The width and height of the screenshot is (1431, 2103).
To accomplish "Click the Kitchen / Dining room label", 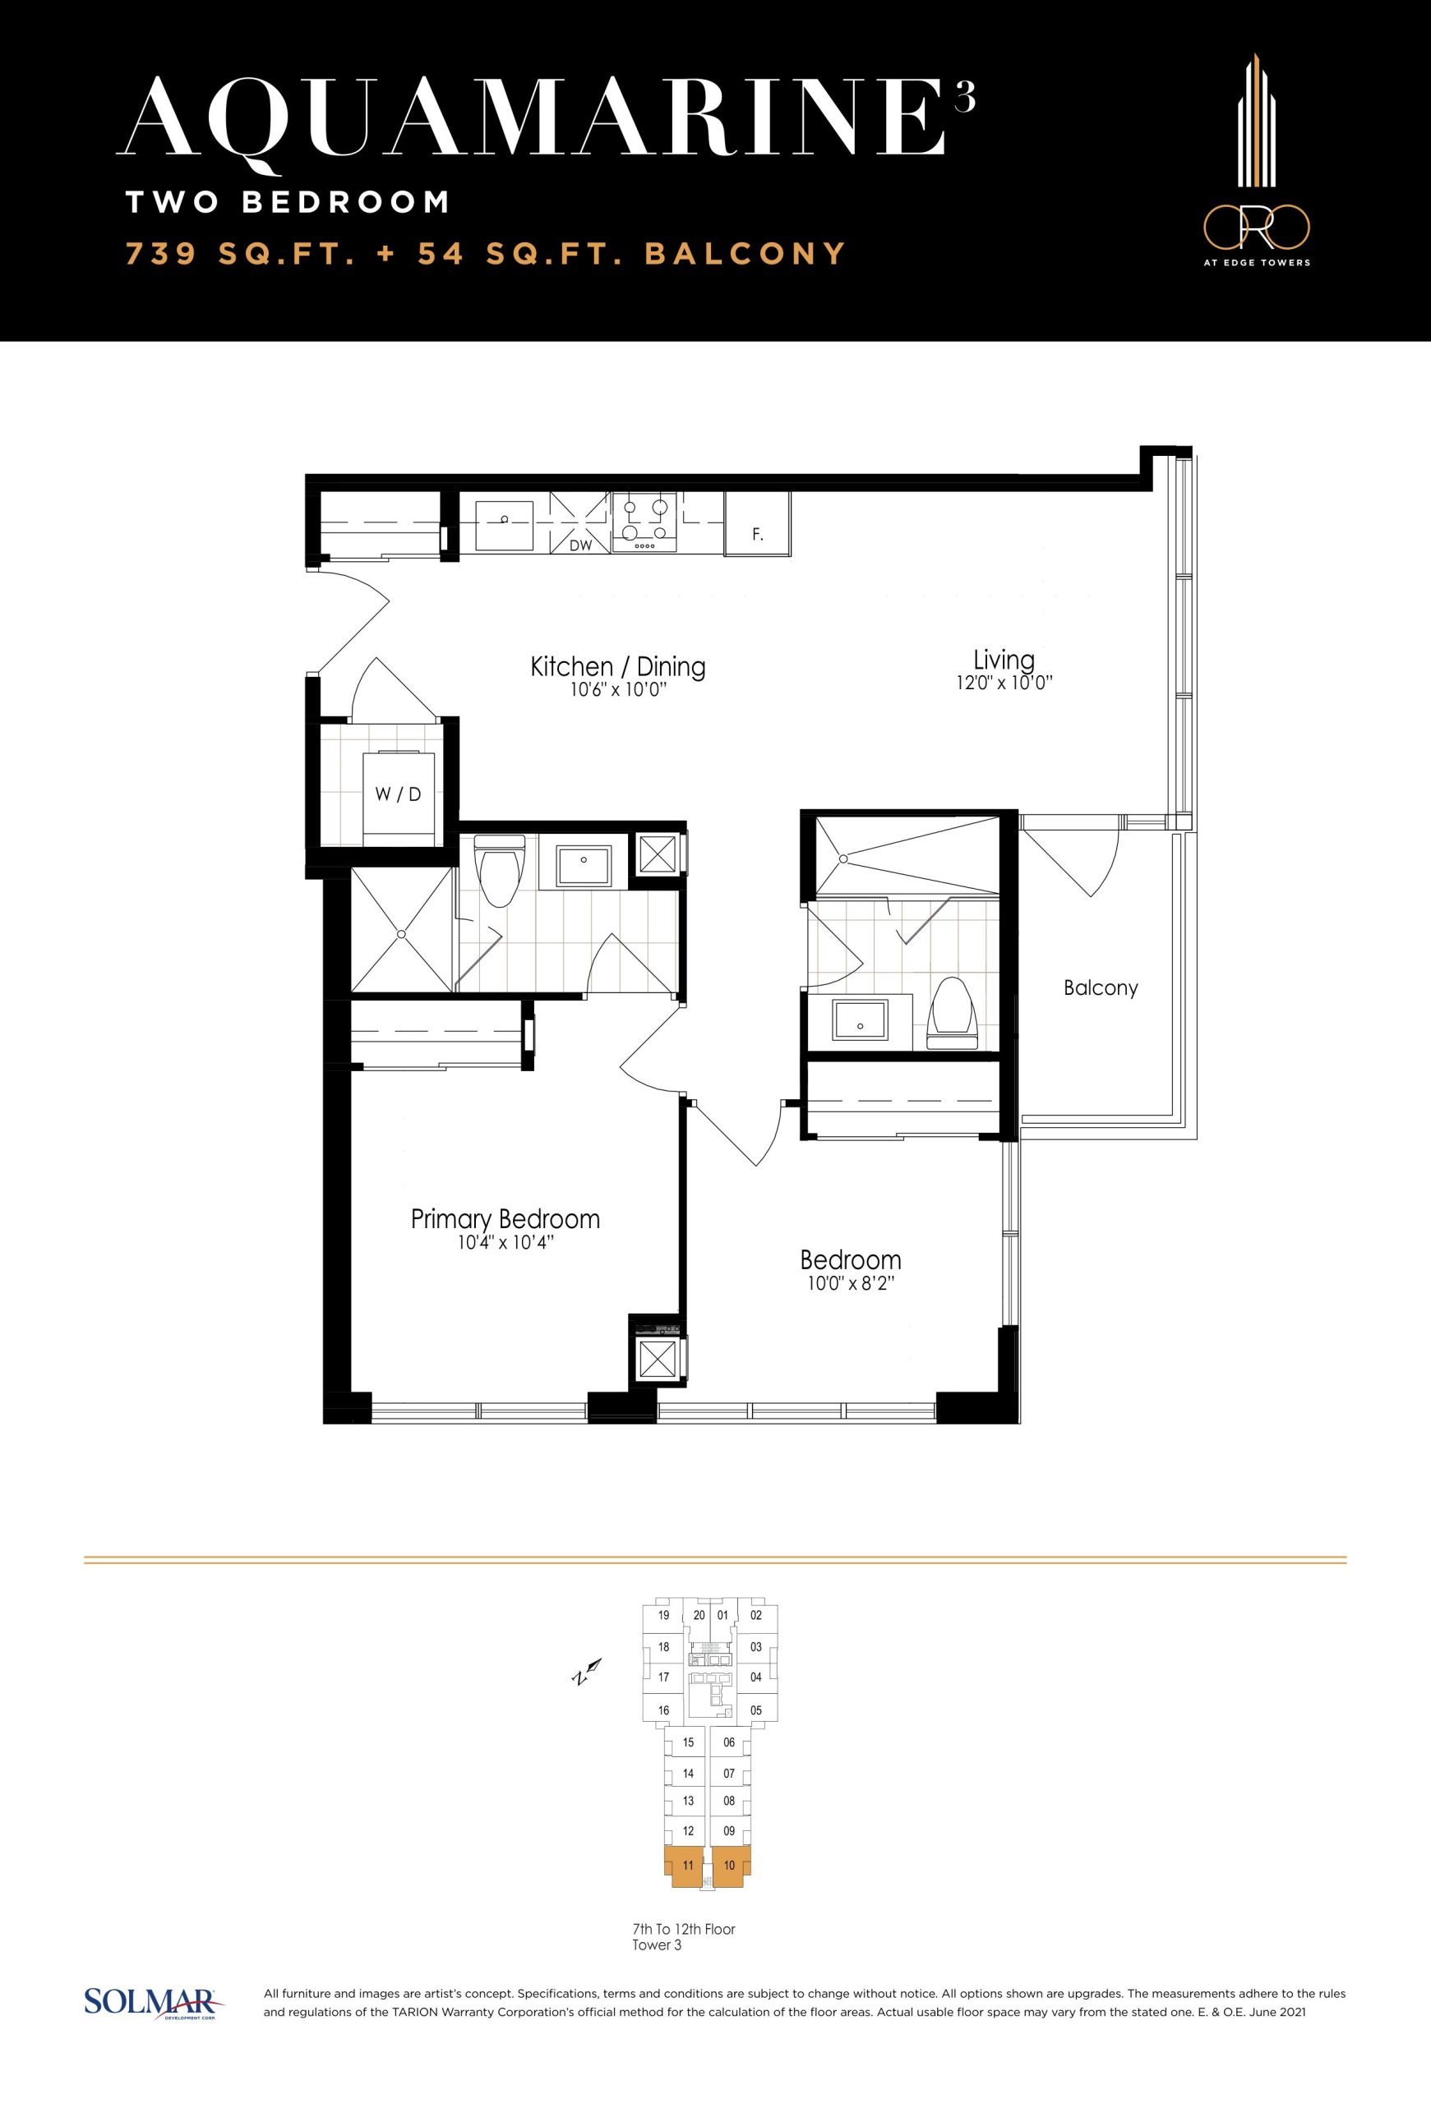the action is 617,667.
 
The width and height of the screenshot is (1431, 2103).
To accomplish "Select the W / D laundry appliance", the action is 399,795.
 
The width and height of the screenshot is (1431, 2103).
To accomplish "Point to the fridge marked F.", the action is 758,524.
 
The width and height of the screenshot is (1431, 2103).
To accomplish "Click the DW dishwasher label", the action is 580,545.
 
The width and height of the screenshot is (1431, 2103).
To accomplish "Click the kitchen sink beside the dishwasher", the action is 504,522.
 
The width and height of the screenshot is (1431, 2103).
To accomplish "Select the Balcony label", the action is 1101,987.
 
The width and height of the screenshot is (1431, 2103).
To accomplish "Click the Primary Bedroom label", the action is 505,1218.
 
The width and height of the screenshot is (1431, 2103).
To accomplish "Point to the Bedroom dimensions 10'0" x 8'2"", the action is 851,1283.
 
